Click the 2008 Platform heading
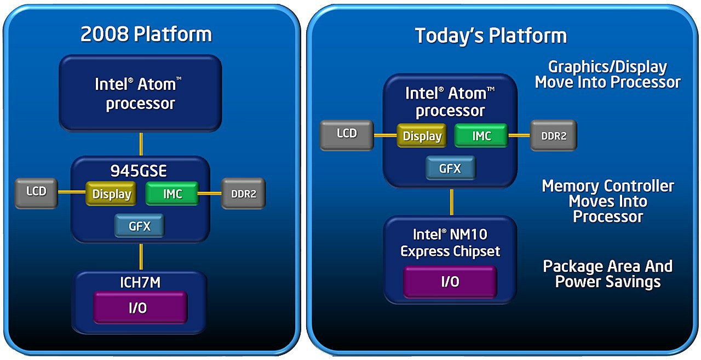(x=146, y=35)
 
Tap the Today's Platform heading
(x=491, y=36)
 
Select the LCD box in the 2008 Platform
(x=36, y=192)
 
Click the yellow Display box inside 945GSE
(x=111, y=194)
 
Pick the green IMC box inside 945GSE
(x=172, y=193)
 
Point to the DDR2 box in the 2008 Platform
(x=243, y=193)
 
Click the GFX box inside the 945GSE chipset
(x=139, y=225)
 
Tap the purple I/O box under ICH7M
(x=140, y=307)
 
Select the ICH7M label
(x=140, y=283)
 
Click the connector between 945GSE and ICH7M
(x=141, y=256)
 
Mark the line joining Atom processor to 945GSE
(x=141, y=144)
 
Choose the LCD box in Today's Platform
(x=347, y=134)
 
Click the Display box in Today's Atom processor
(x=422, y=136)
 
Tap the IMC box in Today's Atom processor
(x=481, y=135)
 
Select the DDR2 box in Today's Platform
(x=553, y=135)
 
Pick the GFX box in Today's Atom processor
(x=450, y=168)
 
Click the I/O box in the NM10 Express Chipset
(x=450, y=282)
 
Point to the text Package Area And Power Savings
(x=607, y=274)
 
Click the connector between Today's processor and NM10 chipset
(x=451, y=202)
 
